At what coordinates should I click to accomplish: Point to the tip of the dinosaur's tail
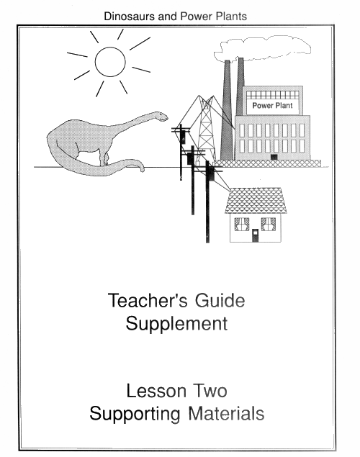coord(143,170)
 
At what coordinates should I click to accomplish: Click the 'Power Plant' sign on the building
coord(272,106)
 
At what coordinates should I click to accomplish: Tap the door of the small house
coord(255,235)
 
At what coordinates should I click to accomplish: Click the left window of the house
coord(242,224)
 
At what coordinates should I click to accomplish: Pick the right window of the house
coord(268,224)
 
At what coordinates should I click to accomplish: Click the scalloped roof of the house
coord(256,201)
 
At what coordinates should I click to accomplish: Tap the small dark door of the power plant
coord(274,157)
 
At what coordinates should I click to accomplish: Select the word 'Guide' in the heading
coord(220,301)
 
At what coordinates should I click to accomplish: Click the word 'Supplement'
coord(176,324)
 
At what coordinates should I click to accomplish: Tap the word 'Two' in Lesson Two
coord(210,391)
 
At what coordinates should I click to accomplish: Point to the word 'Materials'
coord(226,413)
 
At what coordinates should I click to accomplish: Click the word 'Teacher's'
coord(148,301)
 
